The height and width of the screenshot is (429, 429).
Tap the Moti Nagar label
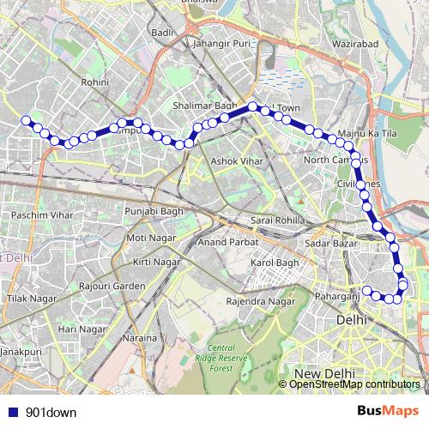click(x=150, y=237)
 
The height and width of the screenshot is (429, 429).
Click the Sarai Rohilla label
click(x=277, y=221)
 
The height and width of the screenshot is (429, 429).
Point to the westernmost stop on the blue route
click(x=26, y=120)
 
